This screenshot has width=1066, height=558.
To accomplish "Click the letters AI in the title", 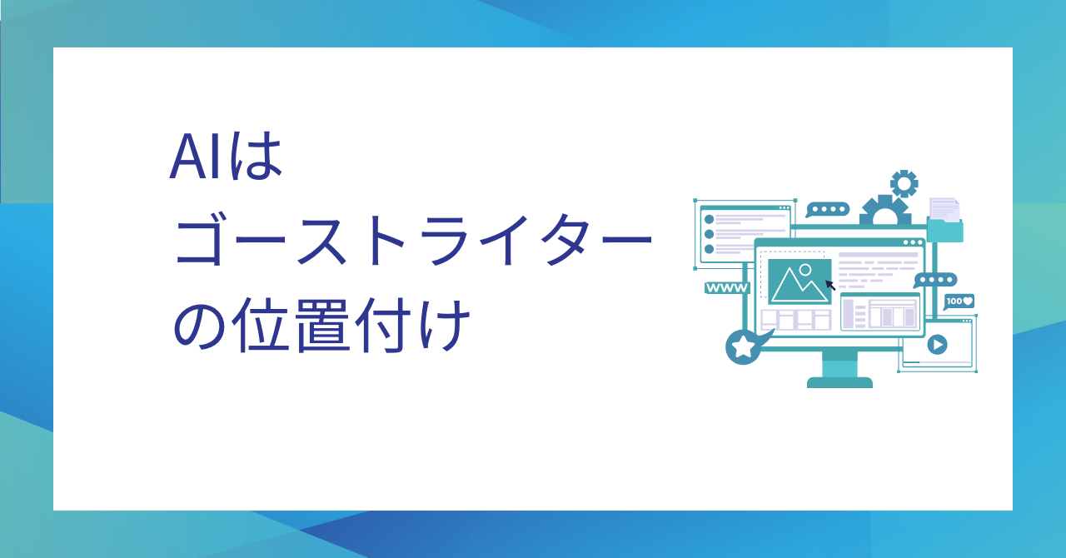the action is tap(195, 157).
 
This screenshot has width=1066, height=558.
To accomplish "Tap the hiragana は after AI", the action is tap(256, 155).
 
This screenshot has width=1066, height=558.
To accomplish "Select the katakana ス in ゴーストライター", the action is tap(322, 241).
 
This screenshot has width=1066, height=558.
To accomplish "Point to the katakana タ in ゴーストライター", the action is tap(569, 240).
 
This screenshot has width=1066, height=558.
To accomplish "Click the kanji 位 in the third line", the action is tap(262, 326).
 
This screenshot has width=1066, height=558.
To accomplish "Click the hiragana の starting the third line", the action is tap(199, 327).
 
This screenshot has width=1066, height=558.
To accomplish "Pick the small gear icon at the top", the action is tap(904, 183).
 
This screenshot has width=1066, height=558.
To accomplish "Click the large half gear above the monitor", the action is tap(885, 210).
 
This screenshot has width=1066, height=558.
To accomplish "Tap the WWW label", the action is tap(727, 288).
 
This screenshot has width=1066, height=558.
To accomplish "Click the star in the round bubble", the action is tap(742, 346).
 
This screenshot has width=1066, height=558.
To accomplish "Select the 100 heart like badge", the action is tap(959, 301).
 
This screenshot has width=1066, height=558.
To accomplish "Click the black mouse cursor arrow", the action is tap(830, 285).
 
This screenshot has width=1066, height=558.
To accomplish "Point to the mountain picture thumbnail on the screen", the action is tap(799, 281).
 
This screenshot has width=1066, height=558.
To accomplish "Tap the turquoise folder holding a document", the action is tap(945, 221).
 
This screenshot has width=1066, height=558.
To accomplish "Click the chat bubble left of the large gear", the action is tap(828, 210).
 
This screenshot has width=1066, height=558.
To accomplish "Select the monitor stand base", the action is tap(840, 382).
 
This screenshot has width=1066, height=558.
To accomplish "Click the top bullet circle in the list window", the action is tap(709, 220).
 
